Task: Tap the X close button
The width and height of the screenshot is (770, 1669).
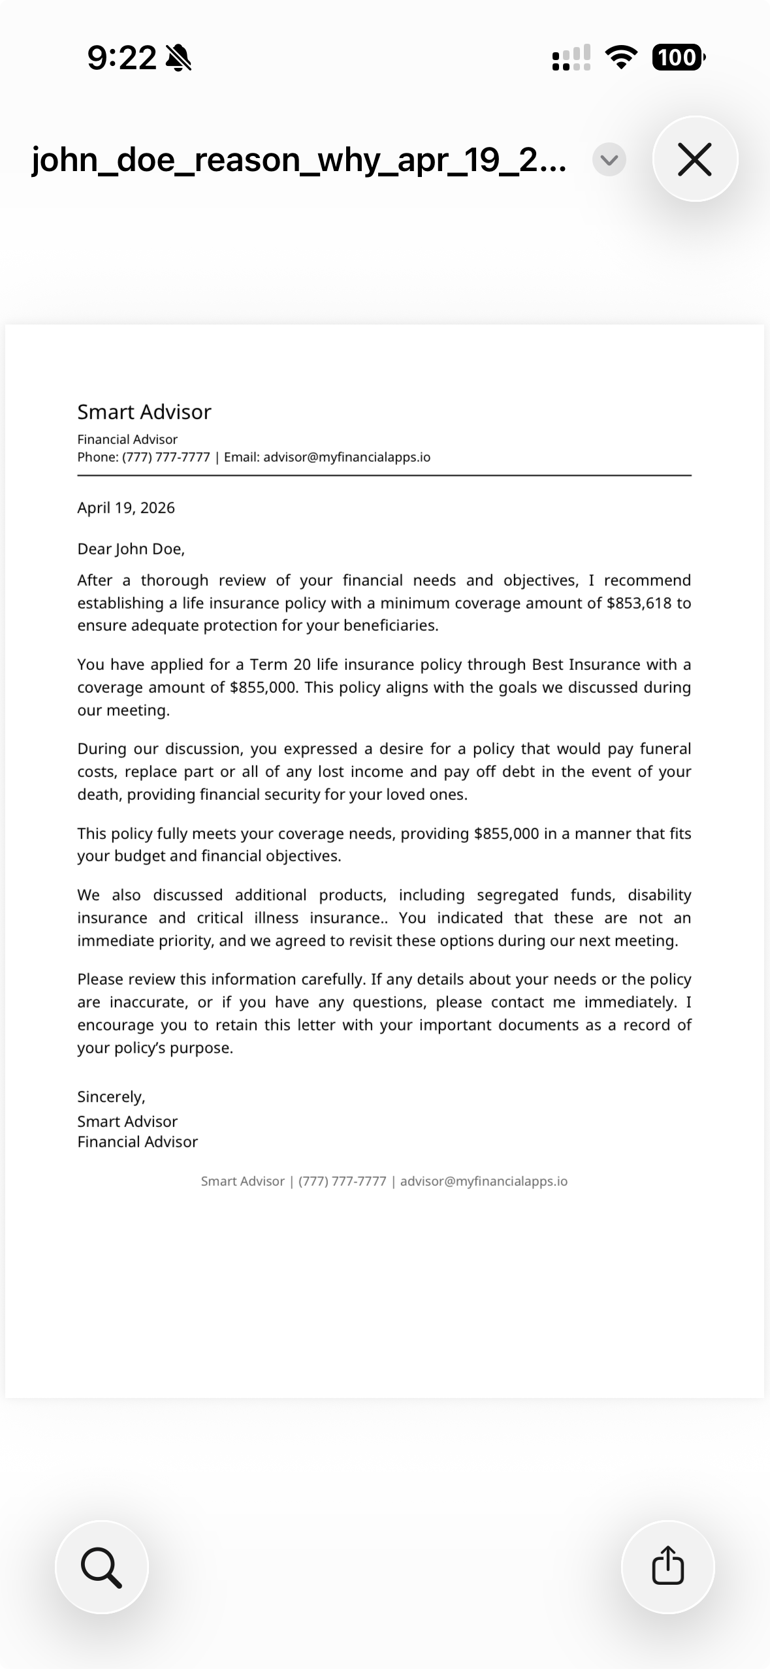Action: pos(694,159)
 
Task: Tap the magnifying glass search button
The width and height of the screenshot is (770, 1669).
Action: pos(101,1566)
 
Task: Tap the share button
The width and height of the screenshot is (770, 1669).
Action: pos(667,1566)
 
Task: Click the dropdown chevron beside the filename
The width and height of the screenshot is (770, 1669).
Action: pos(609,159)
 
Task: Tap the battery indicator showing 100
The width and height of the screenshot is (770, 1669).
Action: pos(677,57)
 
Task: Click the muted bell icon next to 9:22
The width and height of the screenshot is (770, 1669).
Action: pos(178,57)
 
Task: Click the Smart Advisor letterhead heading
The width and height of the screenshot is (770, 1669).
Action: pos(144,412)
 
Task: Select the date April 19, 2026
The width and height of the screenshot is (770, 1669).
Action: pos(126,508)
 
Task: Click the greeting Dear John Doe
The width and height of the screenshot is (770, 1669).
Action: pos(131,549)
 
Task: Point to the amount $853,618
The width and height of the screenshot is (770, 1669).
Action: pos(638,603)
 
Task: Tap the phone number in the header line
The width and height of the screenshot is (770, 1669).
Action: pos(166,457)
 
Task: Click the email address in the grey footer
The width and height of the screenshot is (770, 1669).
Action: pos(483,1181)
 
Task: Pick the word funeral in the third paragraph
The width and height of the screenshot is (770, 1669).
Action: pos(665,749)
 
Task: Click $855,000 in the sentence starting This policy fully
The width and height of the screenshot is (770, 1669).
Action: pos(506,834)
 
